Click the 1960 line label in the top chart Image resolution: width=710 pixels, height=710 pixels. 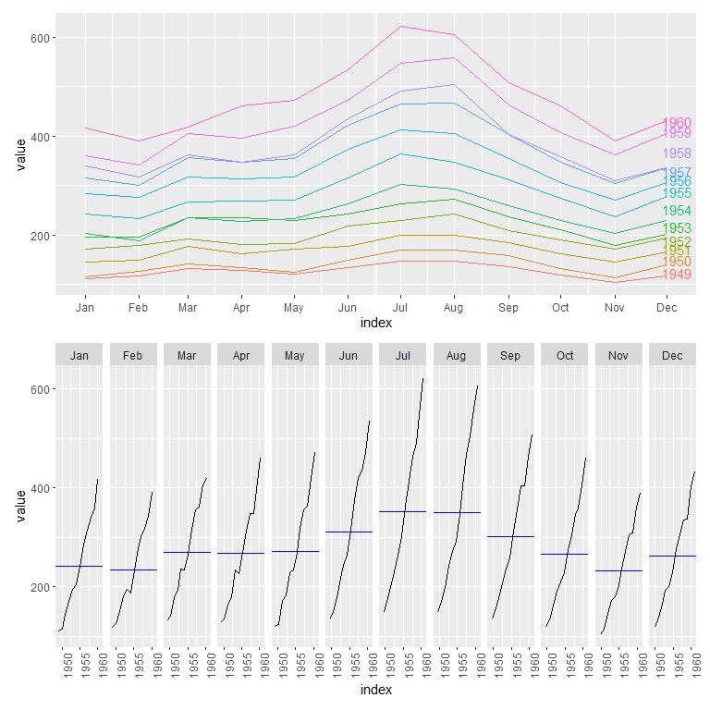(x=678, y=123)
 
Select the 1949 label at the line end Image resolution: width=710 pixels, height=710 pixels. (x=678, y=275)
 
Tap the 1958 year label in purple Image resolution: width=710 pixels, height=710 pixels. (x=678, y=153)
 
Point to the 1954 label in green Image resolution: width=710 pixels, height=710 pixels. (x=678, y=212)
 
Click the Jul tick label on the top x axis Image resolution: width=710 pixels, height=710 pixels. (x=401, y=307)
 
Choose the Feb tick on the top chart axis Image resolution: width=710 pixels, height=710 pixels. (x=138, y=307)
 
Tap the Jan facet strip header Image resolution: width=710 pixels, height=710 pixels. (x=80, y=355)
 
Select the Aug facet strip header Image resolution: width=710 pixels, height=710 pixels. (x=457, y=355)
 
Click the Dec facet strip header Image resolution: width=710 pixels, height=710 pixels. (x=672, y=355)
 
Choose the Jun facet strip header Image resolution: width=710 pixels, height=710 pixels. (x=349, y=355)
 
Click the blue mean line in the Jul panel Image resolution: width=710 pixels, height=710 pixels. (x=403, y=511)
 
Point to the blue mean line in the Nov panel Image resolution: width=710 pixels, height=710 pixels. (x=618, y=570)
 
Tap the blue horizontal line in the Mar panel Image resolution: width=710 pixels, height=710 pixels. (x=188, y=552)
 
